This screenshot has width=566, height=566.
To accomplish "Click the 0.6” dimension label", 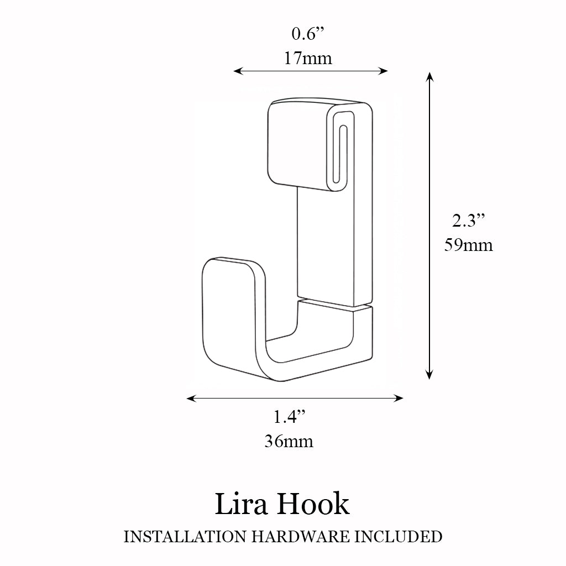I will [308, 34].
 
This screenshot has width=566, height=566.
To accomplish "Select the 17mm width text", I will [308, 57].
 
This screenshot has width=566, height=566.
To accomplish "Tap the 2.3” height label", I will [469, 221].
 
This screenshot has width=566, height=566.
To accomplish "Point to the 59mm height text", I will [469, 244].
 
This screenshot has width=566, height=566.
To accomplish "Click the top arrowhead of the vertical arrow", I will [429, 76].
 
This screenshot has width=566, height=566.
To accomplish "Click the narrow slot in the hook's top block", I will [343, 151].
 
